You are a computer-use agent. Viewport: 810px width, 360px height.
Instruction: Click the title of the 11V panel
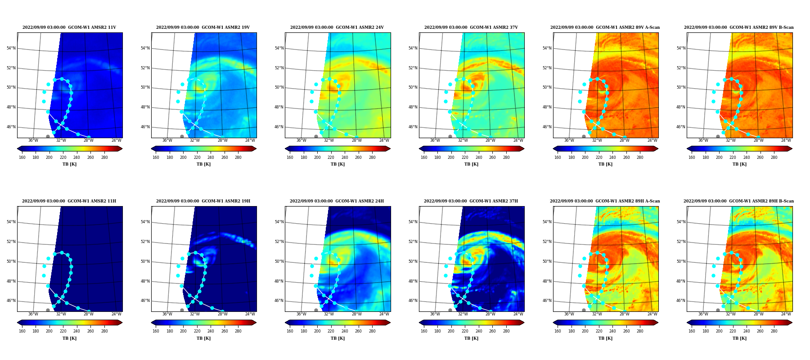click(69, 27)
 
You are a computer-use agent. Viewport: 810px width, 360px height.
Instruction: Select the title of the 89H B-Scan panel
click(739, 201)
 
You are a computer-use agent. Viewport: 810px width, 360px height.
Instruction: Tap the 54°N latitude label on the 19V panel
click(145, 48)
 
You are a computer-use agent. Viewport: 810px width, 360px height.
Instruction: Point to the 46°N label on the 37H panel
click(413, 301)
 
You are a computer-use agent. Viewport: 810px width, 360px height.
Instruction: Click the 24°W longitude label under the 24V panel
click(384, 140)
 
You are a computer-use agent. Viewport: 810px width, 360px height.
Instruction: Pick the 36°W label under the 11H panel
click(33, 314)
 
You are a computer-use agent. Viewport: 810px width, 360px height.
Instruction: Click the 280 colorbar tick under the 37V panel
click(506, 157)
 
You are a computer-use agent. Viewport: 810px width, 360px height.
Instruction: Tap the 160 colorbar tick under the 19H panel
click(156, 331)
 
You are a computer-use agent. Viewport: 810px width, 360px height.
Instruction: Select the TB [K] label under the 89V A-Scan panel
click(605, 164)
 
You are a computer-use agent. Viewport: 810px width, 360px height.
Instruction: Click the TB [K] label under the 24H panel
click(337, 338)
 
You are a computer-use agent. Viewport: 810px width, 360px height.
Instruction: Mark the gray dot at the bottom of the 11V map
click(48, 136)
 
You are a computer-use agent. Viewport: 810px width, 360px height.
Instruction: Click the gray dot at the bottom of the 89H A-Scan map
click(584, 310)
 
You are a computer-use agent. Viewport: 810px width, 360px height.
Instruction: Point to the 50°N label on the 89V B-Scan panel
click(681, 87)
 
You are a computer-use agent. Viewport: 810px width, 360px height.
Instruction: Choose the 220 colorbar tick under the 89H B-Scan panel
click(733, 331)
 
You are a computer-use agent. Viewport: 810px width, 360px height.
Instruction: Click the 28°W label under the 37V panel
click(490, 140)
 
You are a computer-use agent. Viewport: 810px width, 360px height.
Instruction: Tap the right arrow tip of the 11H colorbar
click(122, 322)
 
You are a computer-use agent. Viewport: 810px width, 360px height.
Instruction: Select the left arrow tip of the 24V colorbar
click(285, 148)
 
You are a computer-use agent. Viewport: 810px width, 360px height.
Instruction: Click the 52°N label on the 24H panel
click(279, 242)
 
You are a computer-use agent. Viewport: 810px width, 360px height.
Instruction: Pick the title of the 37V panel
click(471, 27)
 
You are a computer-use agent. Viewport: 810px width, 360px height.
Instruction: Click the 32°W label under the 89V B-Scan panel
click(731, 140)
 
